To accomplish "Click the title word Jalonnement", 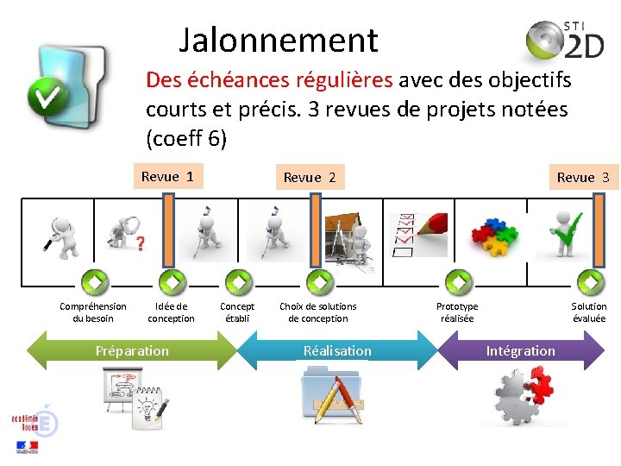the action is [279, 41].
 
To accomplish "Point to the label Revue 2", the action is [309, 178].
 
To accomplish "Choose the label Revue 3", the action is [582, 178].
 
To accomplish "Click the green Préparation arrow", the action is [132, 351].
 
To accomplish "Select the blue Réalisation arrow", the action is [337, 351].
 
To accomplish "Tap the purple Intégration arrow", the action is [520, 351].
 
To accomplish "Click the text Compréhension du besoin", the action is [92, 312].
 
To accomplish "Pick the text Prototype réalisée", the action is [457, 312].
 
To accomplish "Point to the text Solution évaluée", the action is [589, 312].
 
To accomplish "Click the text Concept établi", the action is [237, 312].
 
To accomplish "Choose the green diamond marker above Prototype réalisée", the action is [457, 281].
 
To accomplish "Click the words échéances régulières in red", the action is [270, 81].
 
